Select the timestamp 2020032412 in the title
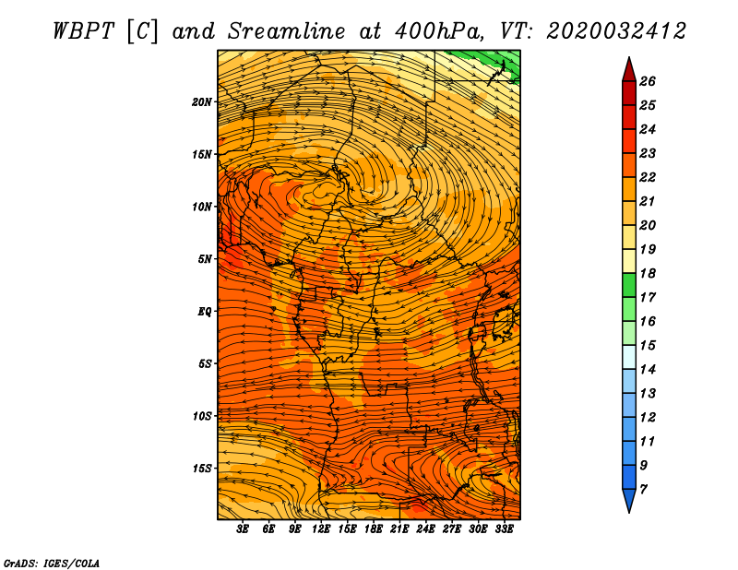616,30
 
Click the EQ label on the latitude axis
205,311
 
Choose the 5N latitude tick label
205,259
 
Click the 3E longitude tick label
244,529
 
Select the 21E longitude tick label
399,529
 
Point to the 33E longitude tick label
504,529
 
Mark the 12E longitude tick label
321,529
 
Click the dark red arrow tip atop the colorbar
628,68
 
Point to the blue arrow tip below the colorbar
628,502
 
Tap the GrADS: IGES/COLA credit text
51,562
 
